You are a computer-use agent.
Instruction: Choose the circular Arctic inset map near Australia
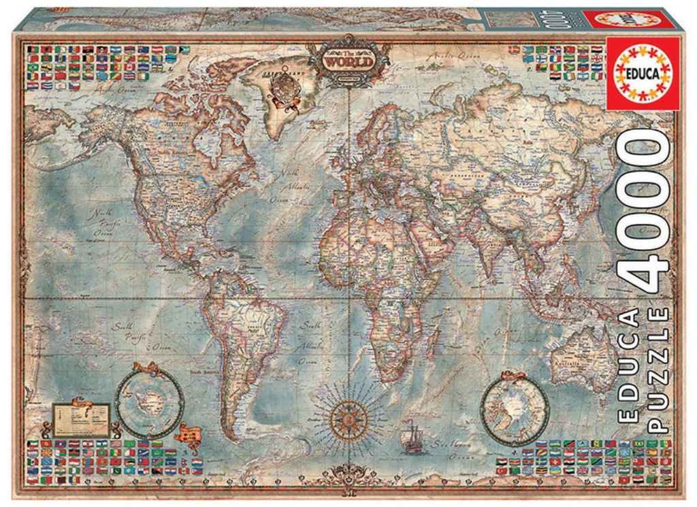pos(515,407)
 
